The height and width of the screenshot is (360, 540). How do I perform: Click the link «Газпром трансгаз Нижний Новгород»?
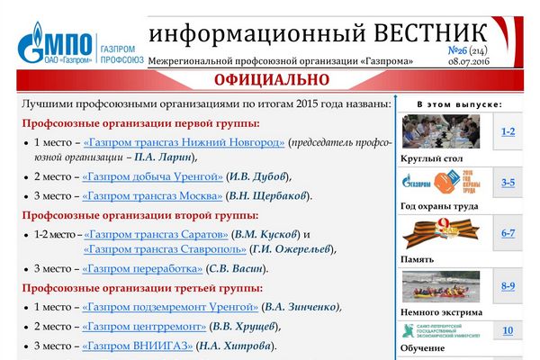(184, 142)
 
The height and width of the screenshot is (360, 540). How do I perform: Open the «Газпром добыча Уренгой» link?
(153, 176)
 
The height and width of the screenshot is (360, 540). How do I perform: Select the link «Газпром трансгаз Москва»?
(152, 196)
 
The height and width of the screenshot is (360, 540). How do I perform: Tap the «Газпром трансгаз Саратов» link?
(156, 235)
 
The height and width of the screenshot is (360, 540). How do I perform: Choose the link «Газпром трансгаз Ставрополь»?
(165, 249)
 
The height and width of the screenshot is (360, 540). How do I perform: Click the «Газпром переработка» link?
(142, 269)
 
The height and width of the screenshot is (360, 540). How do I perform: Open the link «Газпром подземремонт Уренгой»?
(170, 307)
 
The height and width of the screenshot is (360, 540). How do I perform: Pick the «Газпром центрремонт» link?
(144, 326)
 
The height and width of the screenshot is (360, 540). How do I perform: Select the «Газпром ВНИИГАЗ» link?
(138, 346)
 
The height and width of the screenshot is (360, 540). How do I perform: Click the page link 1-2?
(508, 131)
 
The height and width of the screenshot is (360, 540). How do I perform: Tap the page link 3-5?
(508, 183)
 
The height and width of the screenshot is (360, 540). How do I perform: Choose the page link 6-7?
(508, 233)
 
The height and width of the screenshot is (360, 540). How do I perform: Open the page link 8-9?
(508, 286)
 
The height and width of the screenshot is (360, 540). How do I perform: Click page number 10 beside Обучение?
(508, 330)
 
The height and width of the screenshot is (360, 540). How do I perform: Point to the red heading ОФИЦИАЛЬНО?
(272, 80)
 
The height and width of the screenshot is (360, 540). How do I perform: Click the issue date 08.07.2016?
(469, 62)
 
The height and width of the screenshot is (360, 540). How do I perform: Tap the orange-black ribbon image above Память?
(441, 233)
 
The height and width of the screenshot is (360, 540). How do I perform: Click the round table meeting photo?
(441, 131)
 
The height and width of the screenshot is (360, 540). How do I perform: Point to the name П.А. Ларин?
(163, 157)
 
